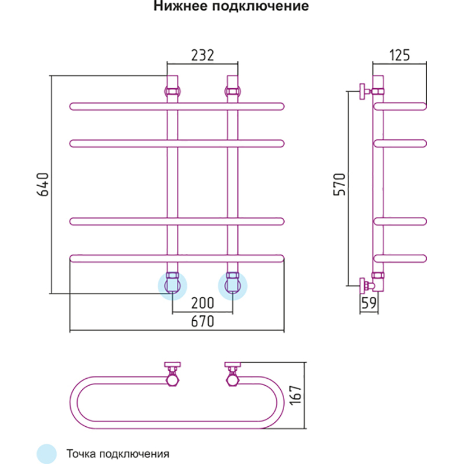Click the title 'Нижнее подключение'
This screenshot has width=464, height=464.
coord(230,8)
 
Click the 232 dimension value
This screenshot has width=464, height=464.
coord(202,56)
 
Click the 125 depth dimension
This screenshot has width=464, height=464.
coord(399,56)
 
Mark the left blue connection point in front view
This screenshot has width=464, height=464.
coord(173,286)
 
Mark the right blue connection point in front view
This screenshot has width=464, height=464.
coord(233,286)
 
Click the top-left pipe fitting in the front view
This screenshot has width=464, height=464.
coord(173,91)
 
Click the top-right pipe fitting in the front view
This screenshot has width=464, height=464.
coord(233,91)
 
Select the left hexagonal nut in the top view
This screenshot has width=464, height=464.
coord(172,380)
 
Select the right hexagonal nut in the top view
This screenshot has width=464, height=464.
coord(233,380)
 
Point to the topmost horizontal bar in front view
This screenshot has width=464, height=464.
coord(177,106)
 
